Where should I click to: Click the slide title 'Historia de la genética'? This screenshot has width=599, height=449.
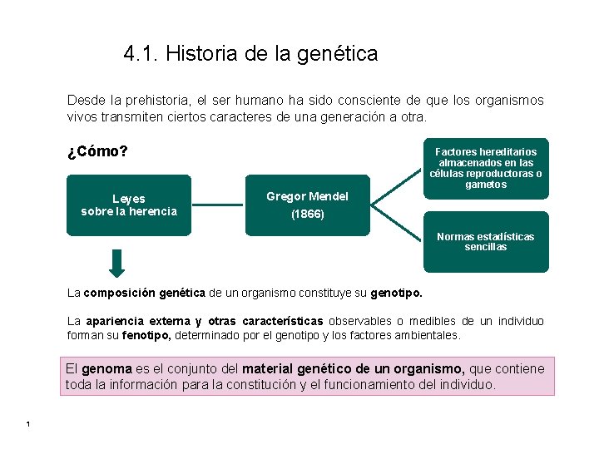click(271, 55)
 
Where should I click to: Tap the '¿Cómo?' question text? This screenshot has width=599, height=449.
click(97, 152)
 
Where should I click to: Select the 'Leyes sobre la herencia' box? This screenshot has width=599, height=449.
click(129, 205)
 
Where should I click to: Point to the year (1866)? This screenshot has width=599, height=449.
click(307, 214)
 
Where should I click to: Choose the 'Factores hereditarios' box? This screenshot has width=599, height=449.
click(486, 168)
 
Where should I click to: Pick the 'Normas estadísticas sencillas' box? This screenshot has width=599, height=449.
click(486, 242)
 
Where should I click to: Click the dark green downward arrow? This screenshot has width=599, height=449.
click(117, 263)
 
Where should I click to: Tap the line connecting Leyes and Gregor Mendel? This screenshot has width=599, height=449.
click(218, 205)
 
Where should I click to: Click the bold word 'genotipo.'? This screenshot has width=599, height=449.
click(396, 293)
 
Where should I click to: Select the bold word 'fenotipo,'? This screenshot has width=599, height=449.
click(146, 335)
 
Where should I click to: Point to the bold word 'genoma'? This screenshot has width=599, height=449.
click(106, 369)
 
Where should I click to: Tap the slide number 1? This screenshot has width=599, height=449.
click(27, 426)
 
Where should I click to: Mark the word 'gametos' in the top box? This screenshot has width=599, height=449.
click(486, 185)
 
